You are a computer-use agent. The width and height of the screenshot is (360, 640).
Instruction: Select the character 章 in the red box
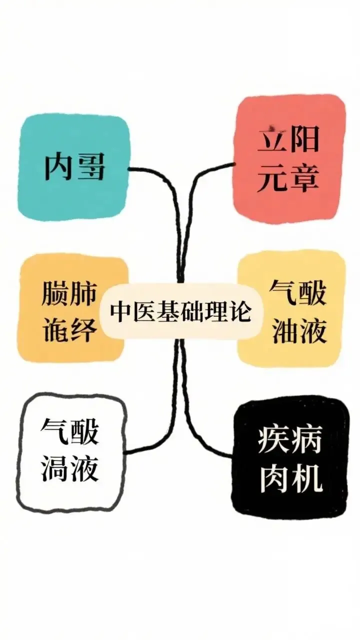tap(304, 178)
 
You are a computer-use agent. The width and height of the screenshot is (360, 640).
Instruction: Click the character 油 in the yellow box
tap(285, 331)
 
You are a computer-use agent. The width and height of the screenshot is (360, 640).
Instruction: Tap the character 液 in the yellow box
tap(313, 331)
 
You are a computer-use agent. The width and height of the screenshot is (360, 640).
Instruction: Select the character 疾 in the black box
tap(273, 440)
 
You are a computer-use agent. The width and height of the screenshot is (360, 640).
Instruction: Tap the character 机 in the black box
tap(306, 478)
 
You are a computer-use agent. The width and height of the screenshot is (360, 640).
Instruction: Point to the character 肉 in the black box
tap(273, 478)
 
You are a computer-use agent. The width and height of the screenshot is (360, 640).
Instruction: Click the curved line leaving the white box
tap(150, 445)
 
